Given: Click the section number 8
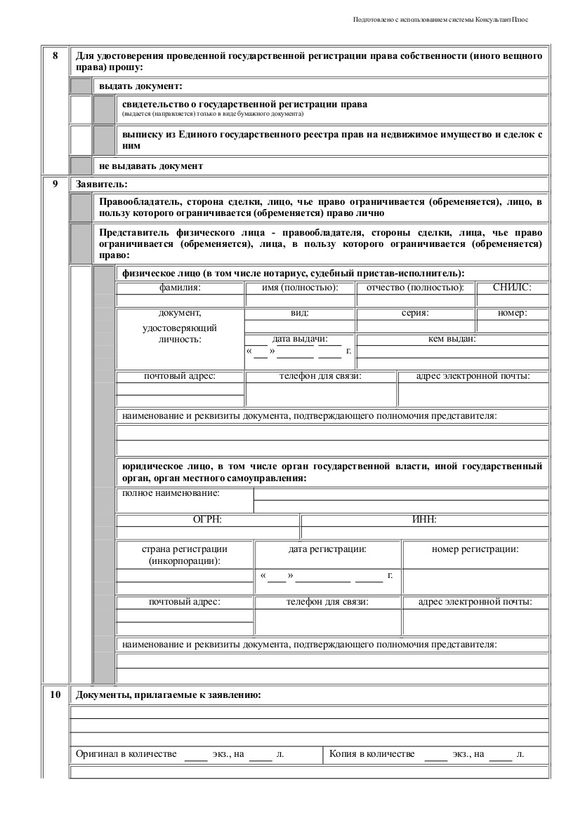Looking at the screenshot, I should point(55,55).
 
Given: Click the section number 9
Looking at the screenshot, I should point(55,185).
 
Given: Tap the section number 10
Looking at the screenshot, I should point(55,696).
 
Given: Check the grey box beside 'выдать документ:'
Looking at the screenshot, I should point(81,86).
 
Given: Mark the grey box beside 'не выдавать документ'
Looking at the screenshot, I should point(81,166).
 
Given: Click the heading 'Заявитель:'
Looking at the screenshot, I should point(101,185).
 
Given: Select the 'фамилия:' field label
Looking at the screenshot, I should point(180,288).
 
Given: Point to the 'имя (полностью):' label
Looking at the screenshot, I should point(300,288).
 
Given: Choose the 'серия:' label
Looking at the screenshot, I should point(415,314).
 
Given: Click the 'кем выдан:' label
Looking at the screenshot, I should point(452,340).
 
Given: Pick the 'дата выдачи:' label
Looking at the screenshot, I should point(300,340).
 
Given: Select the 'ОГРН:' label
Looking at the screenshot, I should point(207,520).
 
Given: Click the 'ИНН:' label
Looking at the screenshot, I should point(424,520).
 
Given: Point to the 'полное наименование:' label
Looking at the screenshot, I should point(171,494).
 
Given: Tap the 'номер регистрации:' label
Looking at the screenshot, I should point(475,549).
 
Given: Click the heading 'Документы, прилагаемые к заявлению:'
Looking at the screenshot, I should point(169,696).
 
